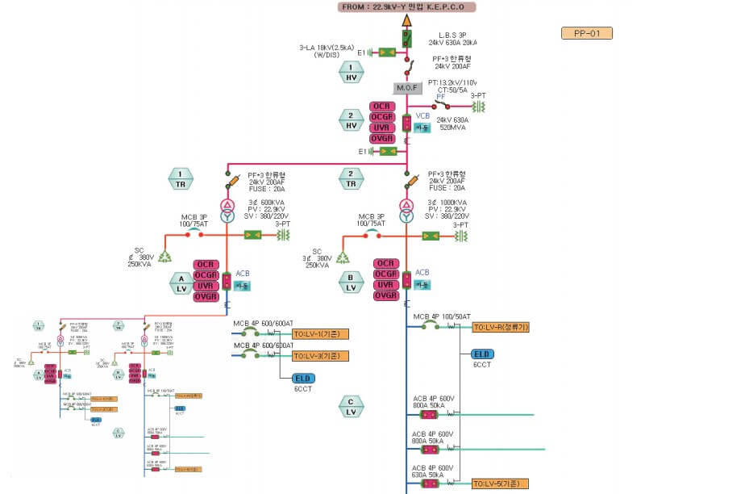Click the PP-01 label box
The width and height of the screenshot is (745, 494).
[x=587, y=34]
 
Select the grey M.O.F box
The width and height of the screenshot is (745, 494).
[x=407, y=86]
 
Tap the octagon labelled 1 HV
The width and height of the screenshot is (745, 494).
[x=352, y=73]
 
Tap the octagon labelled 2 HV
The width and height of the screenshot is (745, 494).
[x=352, y=120]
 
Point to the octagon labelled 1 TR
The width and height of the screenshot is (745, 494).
[x=181, y=178]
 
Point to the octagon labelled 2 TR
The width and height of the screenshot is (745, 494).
[x=351, y=178]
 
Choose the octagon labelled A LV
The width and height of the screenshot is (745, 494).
[x=181, y=283]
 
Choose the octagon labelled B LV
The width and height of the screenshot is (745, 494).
[x=351, y=283]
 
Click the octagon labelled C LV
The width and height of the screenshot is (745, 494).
[x=351, y=406]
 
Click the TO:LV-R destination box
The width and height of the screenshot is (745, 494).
[x=500, y=327]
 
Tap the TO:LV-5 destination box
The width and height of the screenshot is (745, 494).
[x=500, y=484]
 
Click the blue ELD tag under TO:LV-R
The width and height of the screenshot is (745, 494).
[x=482, y=354]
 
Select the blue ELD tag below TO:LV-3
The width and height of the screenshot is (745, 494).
[x=303, y=379]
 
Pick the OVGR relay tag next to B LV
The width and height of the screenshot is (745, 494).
[x=386, y=296]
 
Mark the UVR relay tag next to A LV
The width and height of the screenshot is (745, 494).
[x=206, y=286]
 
